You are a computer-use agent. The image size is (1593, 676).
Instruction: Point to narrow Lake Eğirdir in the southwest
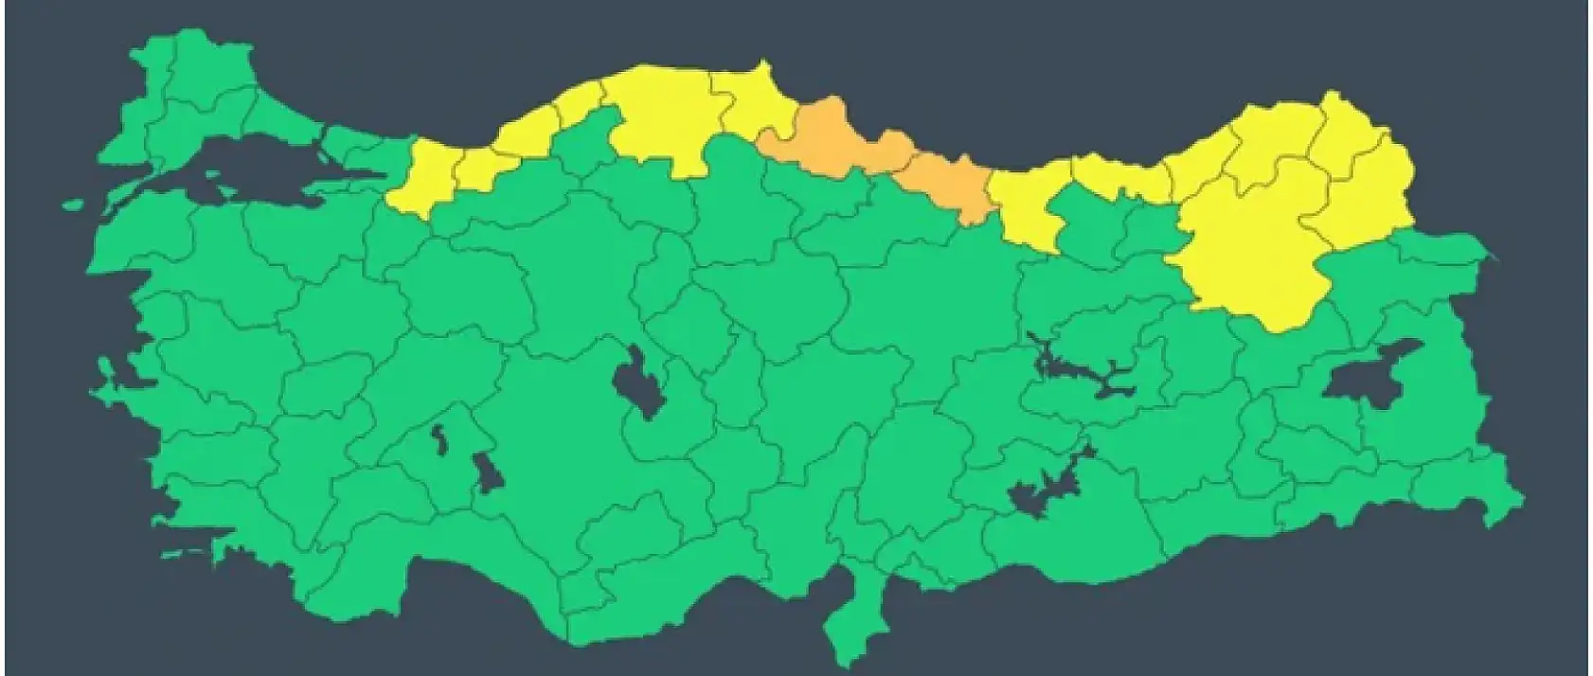click(439, 439)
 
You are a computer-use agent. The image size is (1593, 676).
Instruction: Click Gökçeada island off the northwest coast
click(74, 202)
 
